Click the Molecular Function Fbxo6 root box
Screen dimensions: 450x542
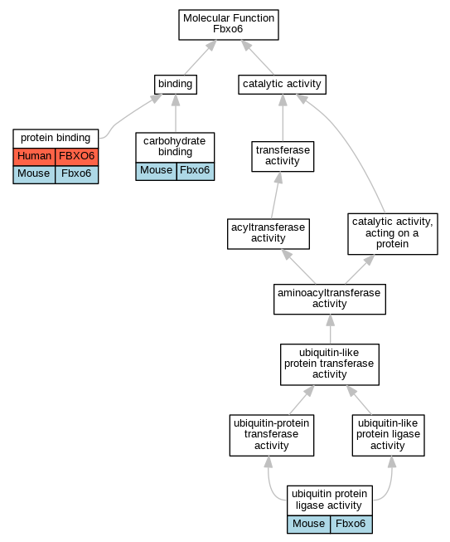(x=229, y=25)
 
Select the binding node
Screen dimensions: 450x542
(x=176, y=85)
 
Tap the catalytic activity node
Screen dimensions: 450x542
(x=282, y=85)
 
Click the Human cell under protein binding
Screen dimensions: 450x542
(x=34, y=157)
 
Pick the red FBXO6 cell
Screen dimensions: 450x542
(x=76, y=157)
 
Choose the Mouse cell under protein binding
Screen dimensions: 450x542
(x=34, y=174)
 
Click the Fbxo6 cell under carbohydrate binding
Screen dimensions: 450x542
(x=196, y=172)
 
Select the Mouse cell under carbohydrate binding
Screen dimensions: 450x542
(x=157, y=172)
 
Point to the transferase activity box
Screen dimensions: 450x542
(x=283, y=156)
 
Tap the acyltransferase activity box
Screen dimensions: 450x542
(x=269, y=234)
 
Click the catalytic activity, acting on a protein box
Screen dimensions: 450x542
(x=392, y=234)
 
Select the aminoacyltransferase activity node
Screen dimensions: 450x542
(x=330, y=299)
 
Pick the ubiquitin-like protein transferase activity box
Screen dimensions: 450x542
(x=330, y=364)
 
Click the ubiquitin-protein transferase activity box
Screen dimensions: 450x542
(x=272, y=435)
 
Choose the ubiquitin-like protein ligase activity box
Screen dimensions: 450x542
(x=388, y=435)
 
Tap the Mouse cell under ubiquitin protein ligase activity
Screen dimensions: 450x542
(x=308, y=525)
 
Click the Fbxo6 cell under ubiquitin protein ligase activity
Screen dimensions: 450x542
(x=351, y=525)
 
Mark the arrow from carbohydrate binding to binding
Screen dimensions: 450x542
(x=176, y=114)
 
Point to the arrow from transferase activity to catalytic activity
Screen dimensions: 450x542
(x=283, y=118)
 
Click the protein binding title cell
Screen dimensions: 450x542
(x=56, y=139)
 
